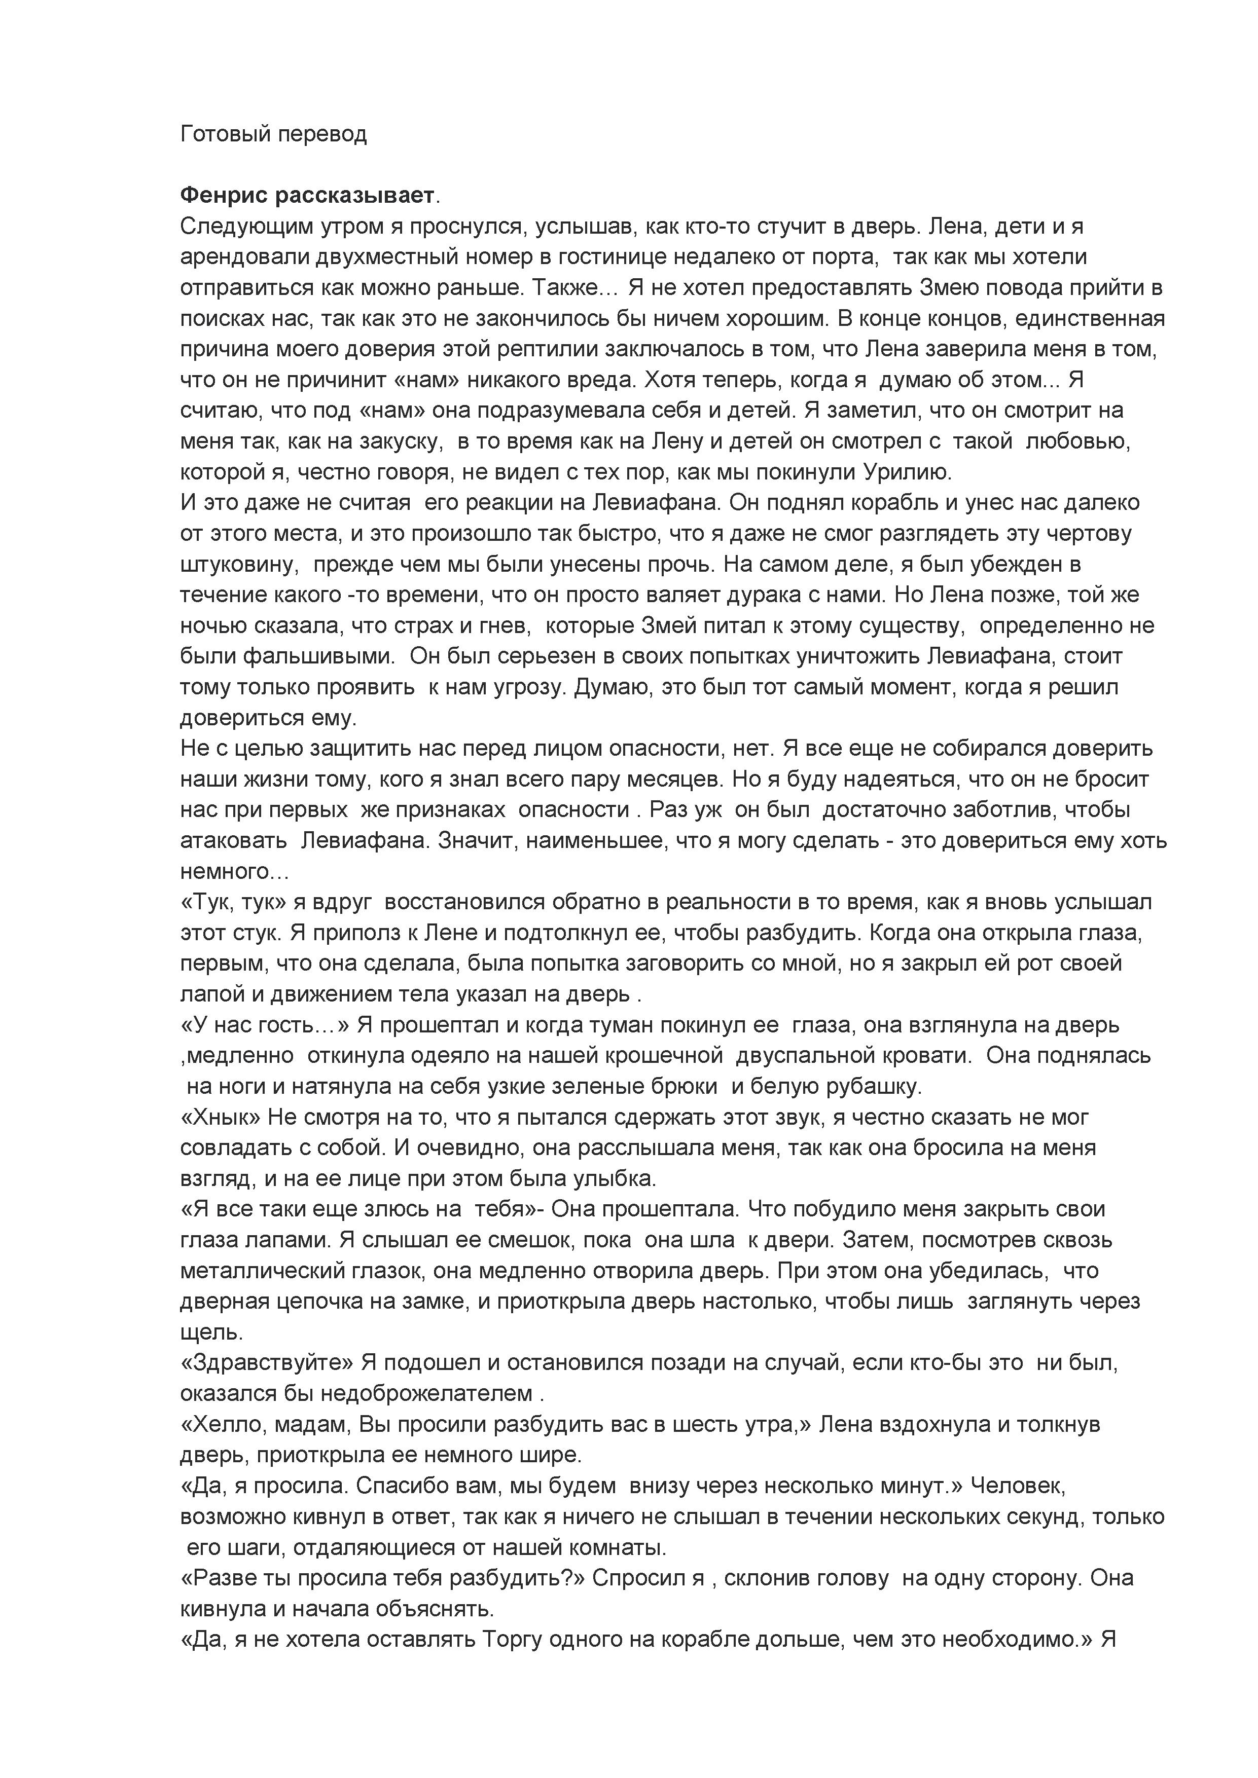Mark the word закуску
pyautogui.click(x=396, y=441)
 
